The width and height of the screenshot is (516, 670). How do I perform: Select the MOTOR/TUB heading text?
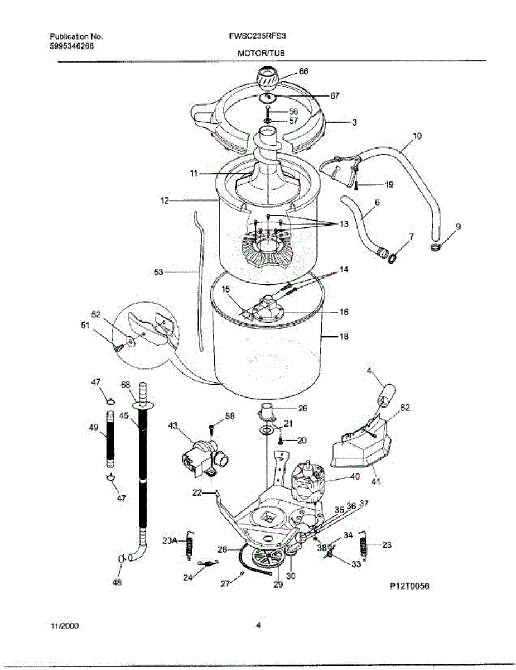258,54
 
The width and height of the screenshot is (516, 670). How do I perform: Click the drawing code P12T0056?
410,586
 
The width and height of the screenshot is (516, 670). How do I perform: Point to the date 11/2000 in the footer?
64,626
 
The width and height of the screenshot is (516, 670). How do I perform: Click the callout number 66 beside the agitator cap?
303,71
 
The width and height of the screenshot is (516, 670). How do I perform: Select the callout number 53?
158,272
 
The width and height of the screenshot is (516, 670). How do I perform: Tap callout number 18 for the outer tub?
344,337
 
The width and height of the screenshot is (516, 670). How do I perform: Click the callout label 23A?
170,540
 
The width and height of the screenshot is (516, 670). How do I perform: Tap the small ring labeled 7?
393,258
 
